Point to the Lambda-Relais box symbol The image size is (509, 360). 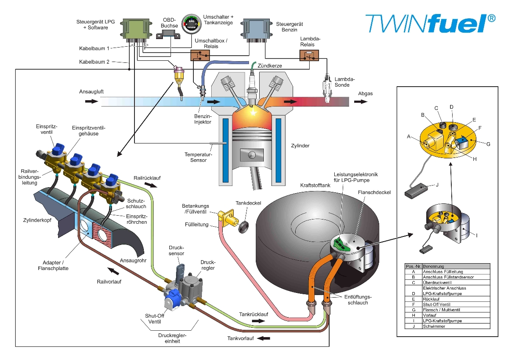click(x=309, y=56)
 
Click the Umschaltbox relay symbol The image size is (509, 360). click(x=200, y=56)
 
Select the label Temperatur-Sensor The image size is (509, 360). click(x=196, y=157)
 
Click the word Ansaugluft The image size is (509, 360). click(x=91, y=92)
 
